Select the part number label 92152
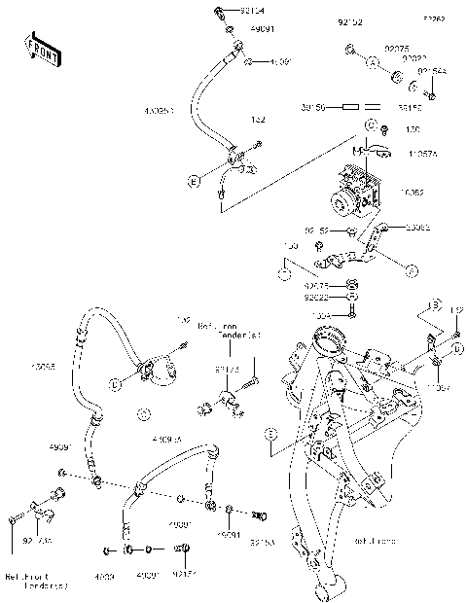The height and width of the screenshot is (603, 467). (x=349, y=20)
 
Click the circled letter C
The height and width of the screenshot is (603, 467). (x=371, y=127)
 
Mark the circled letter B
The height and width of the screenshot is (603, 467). (x=435, y=306)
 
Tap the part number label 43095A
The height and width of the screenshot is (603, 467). (x=166, y=441)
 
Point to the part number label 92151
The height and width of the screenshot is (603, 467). (x=185, y=575)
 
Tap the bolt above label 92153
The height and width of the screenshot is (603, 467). (x=258, y=514)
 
